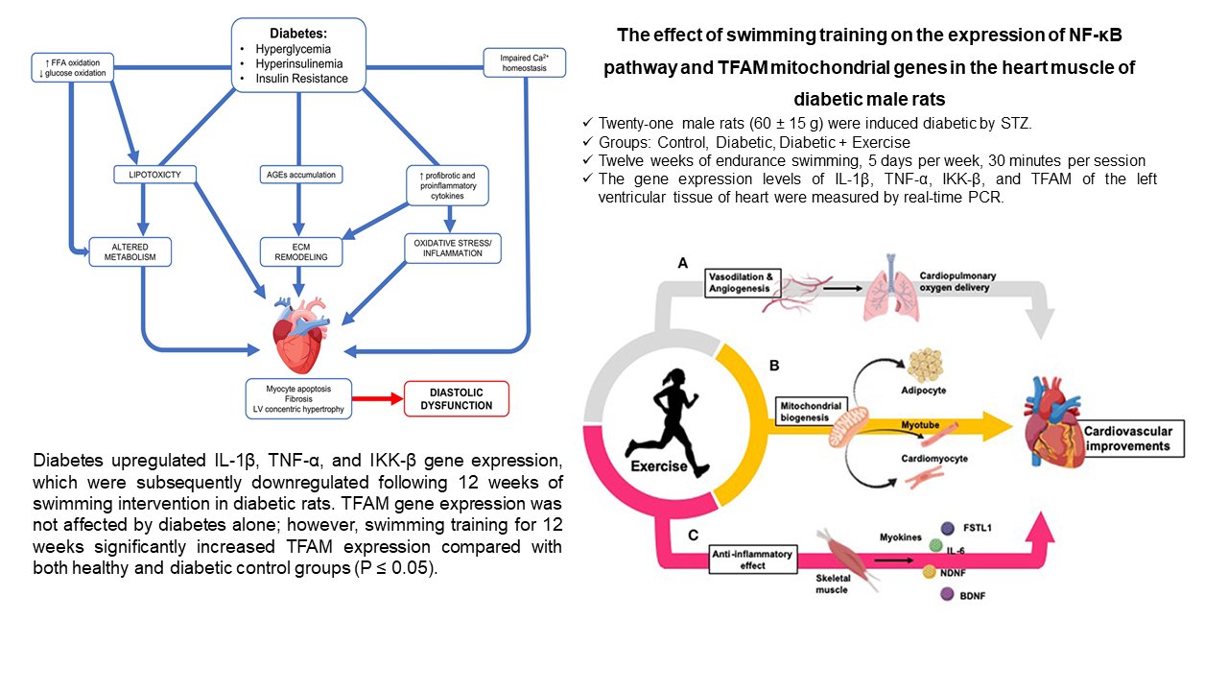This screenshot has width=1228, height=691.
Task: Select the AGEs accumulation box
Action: (x=300, y=174)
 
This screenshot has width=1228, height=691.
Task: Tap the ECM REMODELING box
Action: (x=300, y=250)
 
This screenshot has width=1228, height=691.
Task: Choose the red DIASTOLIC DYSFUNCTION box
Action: (x=457, y=398)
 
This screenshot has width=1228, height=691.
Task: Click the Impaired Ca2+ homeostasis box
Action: (x=524, y=62)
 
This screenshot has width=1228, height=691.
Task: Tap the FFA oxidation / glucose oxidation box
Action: (x=73, y=69)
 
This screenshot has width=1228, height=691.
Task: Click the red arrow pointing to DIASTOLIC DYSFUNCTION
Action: (x=378, y=397)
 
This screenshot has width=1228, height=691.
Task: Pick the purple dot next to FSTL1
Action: (x=948, y=528)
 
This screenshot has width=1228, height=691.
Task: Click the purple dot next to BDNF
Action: (x=948, y=596)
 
